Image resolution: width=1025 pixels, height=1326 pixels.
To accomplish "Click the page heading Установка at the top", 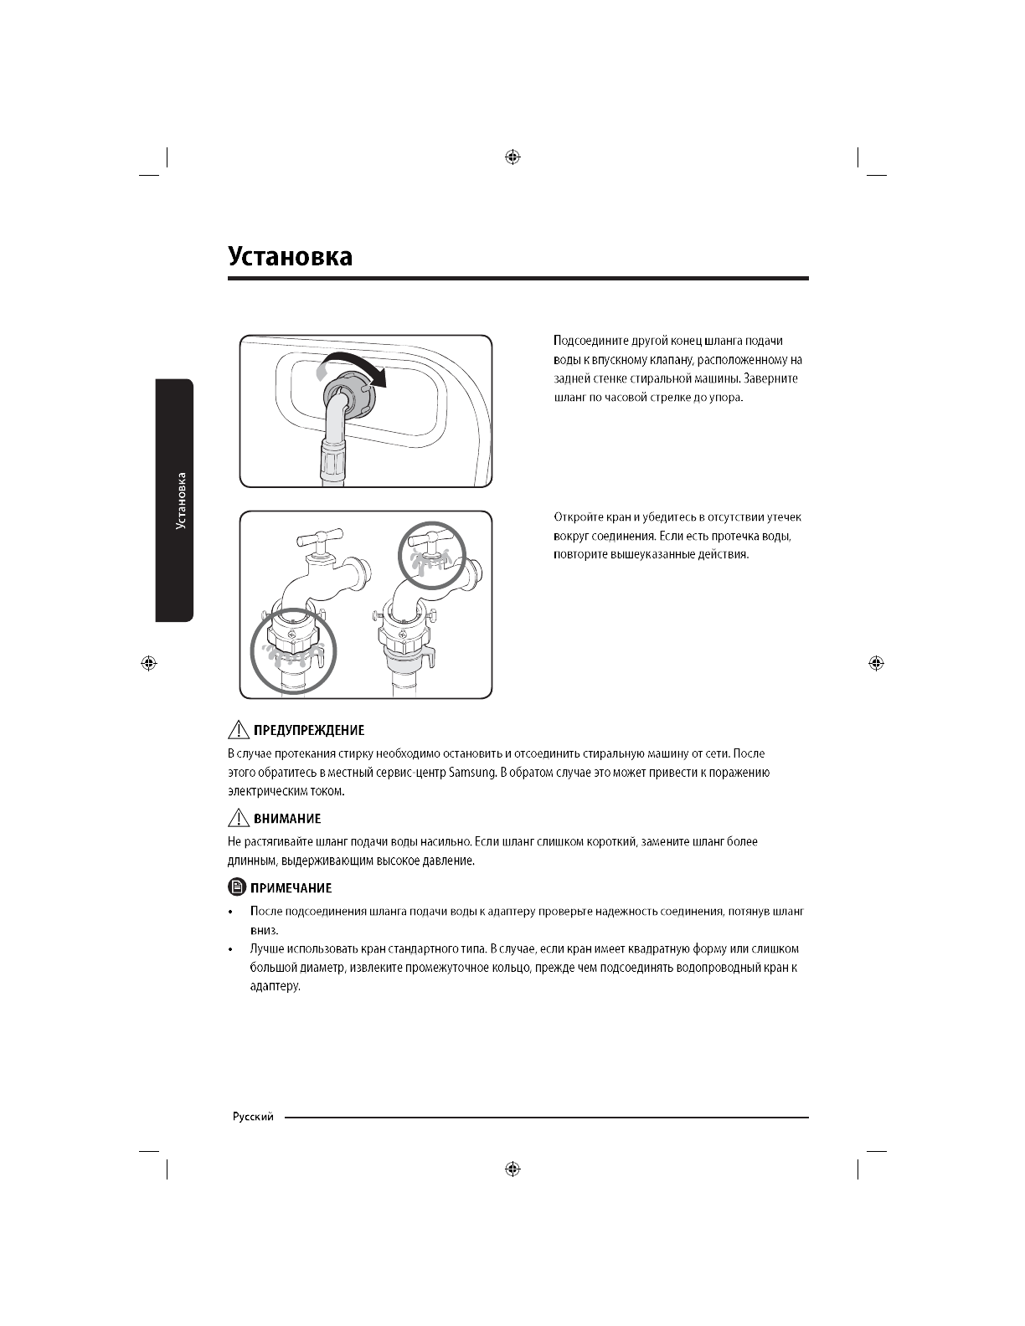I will tap(290, 256).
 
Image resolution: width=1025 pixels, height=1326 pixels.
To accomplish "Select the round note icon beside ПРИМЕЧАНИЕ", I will tap(237, 887).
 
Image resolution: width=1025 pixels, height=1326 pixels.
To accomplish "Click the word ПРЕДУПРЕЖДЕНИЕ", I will tap(308, 731).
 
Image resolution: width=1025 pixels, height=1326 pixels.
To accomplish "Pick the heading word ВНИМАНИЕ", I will tap(287, 819).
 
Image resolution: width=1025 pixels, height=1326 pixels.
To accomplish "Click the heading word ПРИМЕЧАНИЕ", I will tap(292, 888).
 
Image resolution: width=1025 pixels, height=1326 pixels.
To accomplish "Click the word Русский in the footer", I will tap(253, 1118).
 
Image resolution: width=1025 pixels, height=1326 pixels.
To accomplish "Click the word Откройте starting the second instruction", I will tap(577, 518).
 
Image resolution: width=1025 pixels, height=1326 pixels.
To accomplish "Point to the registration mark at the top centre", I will tap(512, 157).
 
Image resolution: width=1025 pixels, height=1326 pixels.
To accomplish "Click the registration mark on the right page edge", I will tap(876, 663).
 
